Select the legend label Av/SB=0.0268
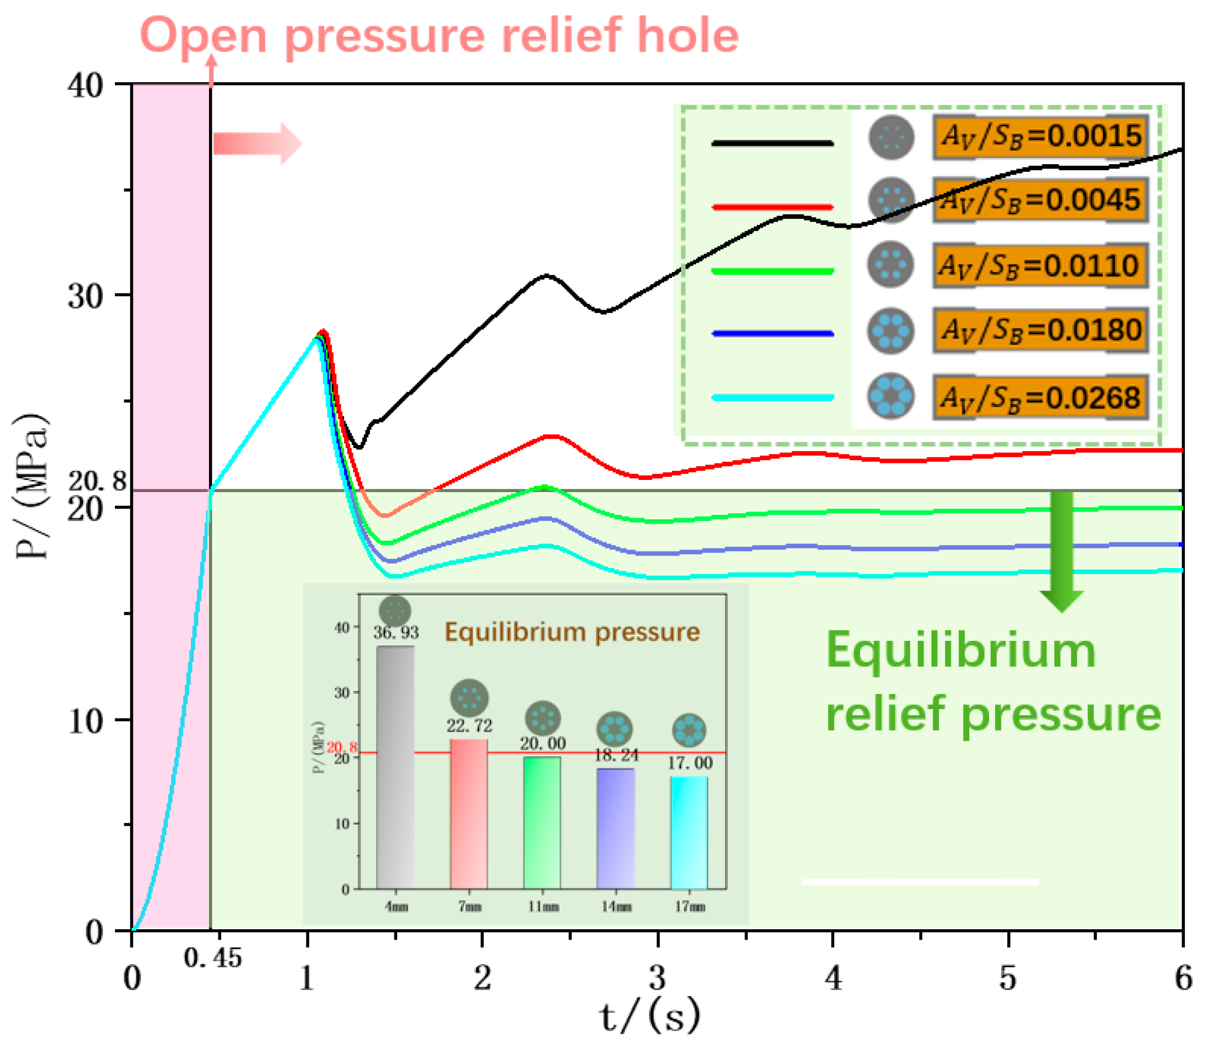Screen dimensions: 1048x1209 (x=1040, y=398)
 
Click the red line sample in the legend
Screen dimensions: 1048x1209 (x=772, y=207)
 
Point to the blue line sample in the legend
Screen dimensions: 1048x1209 (x=772, y=334)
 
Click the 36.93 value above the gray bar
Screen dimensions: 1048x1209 (x=397, y=632)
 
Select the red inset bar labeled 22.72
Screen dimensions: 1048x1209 (x=469, y=813)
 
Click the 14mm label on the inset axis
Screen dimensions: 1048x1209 (x=616, y=907)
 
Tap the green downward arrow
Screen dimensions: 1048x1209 (x=1062, y=550)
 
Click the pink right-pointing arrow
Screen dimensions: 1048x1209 (x=257, y=143)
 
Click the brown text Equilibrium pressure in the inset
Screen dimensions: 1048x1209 (x=572, y=632)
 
